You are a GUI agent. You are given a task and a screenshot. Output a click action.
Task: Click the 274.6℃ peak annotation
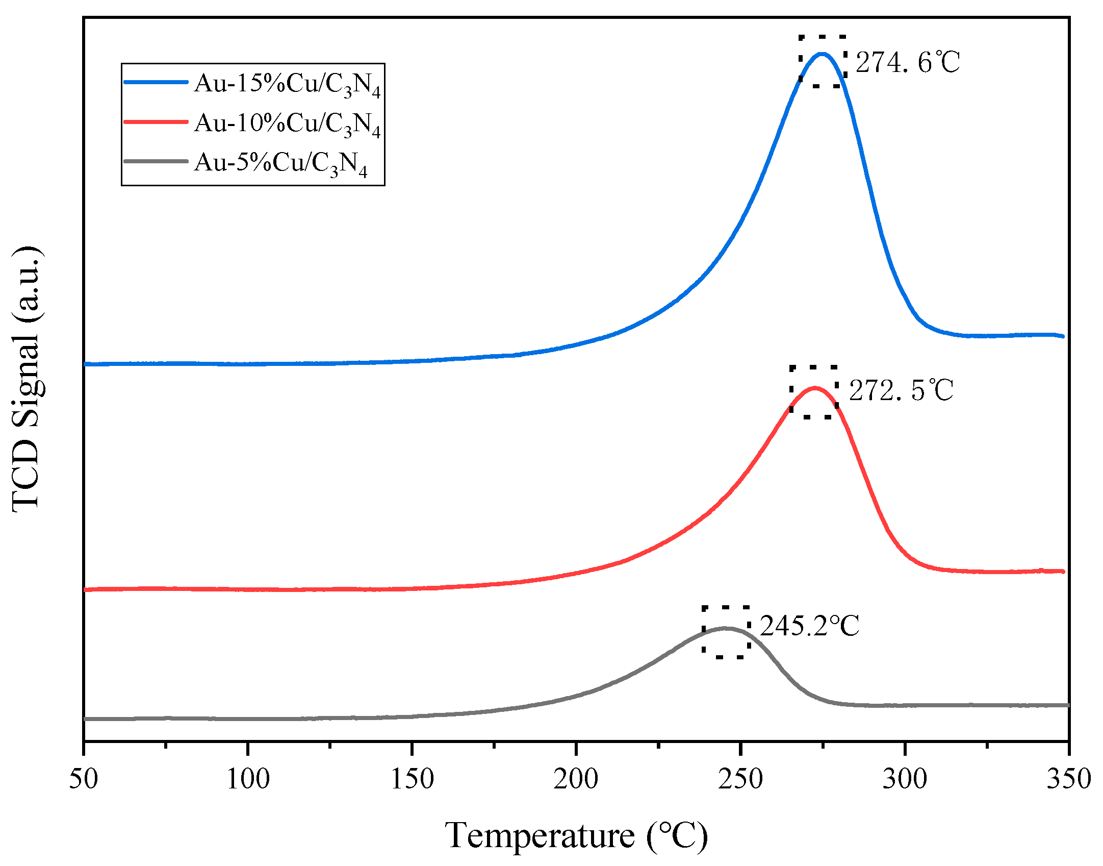coord(908,63)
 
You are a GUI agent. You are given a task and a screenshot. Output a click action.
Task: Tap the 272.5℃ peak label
coord(901,390)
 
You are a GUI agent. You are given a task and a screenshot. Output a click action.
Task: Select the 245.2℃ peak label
coord(809,626)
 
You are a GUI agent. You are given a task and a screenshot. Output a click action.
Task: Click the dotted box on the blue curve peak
coord(823,62)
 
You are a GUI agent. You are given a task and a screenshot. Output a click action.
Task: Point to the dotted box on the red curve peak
coord(814,392)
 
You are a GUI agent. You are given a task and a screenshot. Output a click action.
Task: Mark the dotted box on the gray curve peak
coord(726,632)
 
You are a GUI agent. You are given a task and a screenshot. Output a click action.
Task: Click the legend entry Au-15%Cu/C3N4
coord(287,84)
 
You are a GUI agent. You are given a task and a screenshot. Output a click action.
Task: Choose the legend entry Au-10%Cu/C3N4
coord(287,123)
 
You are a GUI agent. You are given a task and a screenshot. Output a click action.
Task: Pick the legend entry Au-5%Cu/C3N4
coord(280,163)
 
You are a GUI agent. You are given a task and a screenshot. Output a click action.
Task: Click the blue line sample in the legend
coord(156,82)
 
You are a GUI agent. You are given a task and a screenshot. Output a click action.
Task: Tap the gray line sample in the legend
coord(156,161)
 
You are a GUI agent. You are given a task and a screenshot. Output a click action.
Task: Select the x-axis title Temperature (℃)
coord(576,836)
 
